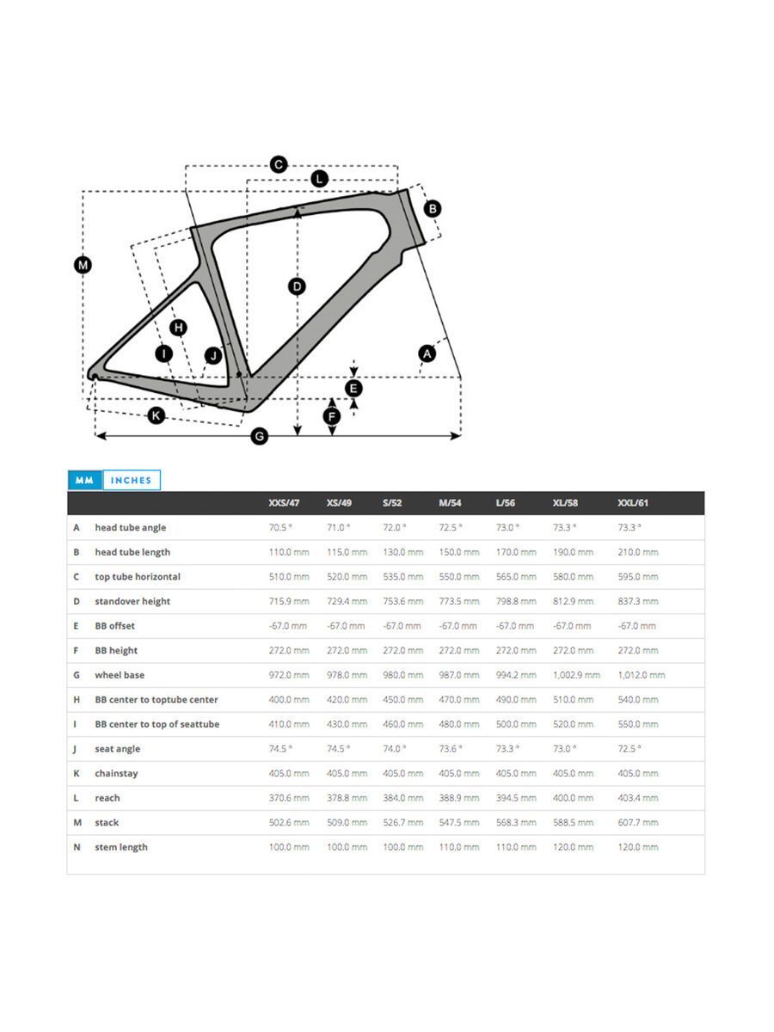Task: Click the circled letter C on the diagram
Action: pos(278,164)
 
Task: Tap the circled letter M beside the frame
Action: pos(83,265)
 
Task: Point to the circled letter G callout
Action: pos(259,437)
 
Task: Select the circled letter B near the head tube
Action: pos(433,208)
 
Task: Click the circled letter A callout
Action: pos(427,353)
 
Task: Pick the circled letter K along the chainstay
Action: pos(156,415)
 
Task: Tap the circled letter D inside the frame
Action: pos(297,286)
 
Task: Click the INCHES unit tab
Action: pos(131,481)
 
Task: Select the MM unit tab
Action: pos(84,481)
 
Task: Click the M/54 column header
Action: pos(451,503)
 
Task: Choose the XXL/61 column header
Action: pos(633,503)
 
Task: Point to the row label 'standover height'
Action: pos(132,601)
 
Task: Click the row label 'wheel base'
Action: pos(120,675)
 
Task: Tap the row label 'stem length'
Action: pos(121,847)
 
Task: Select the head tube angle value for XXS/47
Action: pos(280,527)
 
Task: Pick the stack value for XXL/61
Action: pos(637,822)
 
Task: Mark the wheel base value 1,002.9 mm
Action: pos(576,675)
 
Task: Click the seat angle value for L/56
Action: pos(507,749)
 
